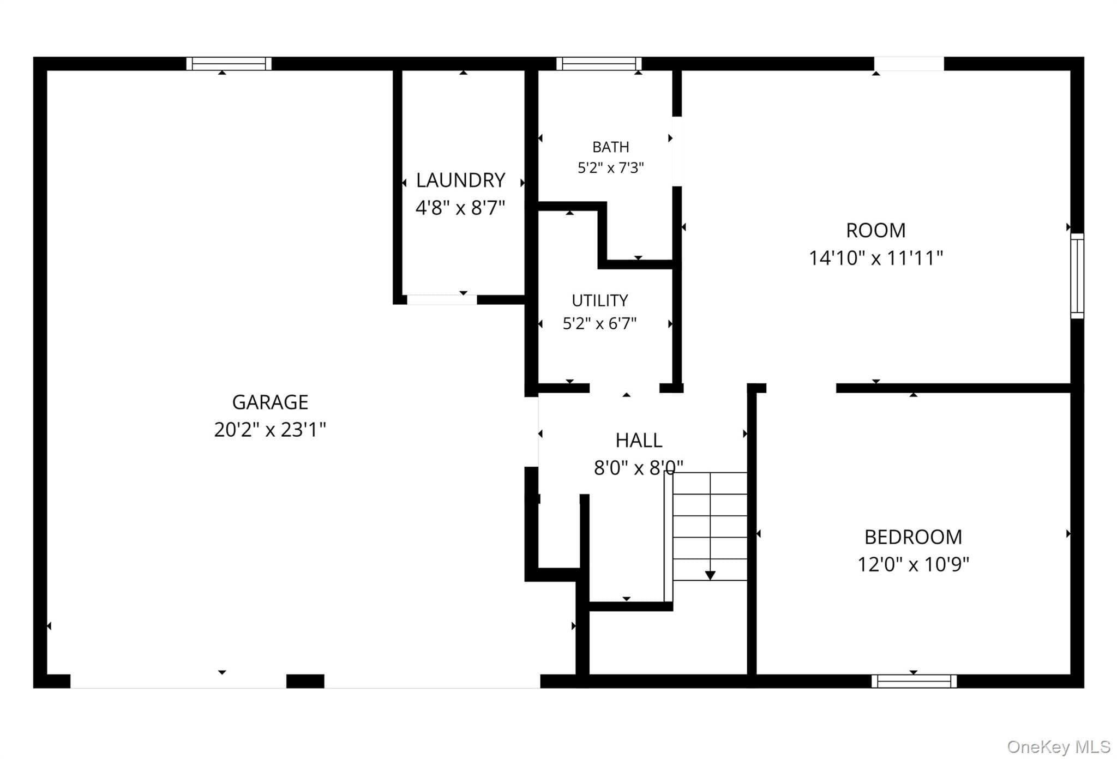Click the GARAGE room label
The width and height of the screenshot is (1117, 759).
click(270, 402)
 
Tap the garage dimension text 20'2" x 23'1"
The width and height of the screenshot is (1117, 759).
click(270, 430)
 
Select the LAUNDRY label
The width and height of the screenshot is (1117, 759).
click(460, 180)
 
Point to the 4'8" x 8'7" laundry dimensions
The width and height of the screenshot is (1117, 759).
click(460, 208)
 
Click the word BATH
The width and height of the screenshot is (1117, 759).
click(611, 147)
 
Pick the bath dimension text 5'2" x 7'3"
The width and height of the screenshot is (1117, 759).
click(611, 167)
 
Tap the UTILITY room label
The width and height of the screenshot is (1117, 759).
click(600, 300)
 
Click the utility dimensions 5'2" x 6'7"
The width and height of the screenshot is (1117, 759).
click(600, 324)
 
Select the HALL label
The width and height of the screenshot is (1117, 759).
click(639, 440)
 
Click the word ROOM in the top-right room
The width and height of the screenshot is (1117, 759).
click(876, 230)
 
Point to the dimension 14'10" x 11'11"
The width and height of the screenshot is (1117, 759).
click(876, 258)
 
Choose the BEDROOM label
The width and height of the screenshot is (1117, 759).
click(914, 537)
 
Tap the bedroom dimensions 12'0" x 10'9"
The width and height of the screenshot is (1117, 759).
click(914, 564)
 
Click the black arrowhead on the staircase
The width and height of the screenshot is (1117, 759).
click(710, 575)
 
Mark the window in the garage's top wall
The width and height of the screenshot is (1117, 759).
click(229, 64)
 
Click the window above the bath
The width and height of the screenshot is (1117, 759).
click(599, 64)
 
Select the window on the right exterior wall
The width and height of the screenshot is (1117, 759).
click(1077, 276)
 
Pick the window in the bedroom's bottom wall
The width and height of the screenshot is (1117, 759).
click(914, 681)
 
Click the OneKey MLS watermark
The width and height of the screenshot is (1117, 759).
click(1059, 746)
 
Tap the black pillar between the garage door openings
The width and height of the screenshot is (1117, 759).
click(305, 681)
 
